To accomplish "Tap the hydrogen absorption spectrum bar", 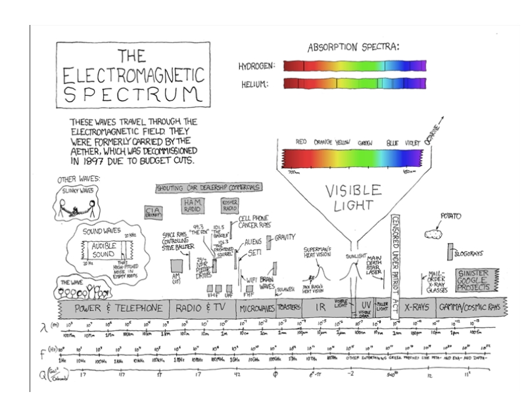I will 354,66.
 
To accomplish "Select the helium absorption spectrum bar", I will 354,83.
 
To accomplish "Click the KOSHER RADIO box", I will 230,204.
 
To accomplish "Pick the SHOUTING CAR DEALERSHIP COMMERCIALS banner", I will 208,188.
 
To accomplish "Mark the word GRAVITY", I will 285,237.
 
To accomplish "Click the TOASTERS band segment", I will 289,307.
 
